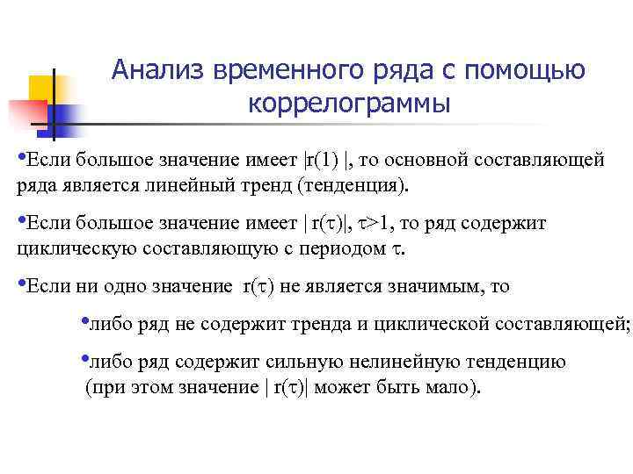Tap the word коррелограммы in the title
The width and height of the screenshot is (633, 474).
pyautogui.click(x=350, y=103)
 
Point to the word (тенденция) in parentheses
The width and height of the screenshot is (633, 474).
pyautogui.click(x=353, y=185)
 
